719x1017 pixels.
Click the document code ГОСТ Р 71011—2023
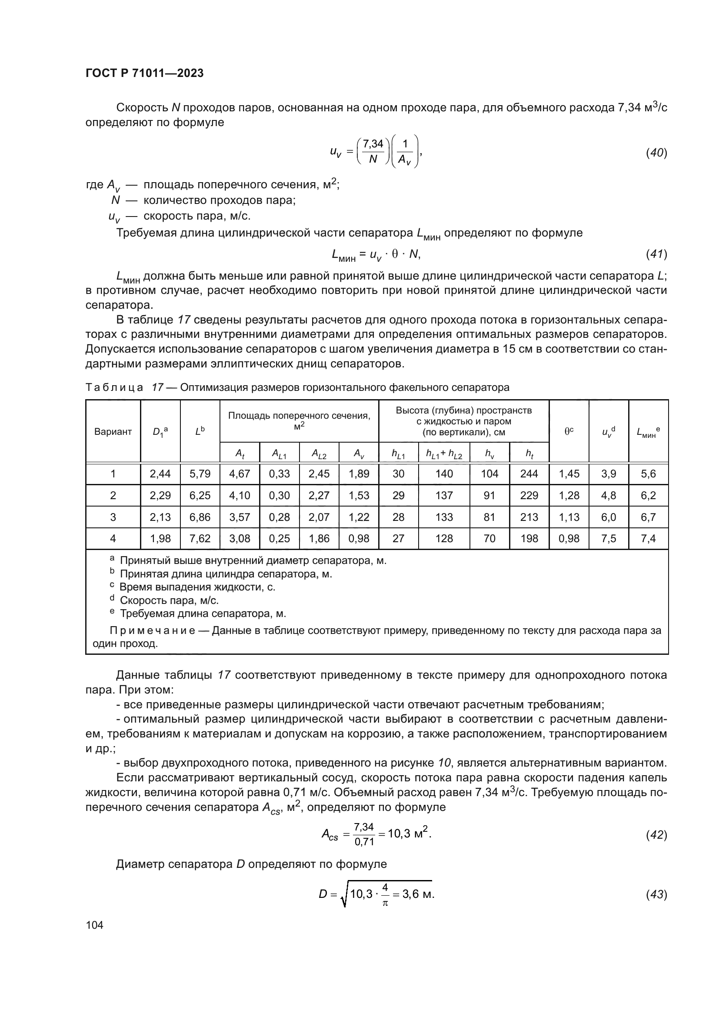point(144,73)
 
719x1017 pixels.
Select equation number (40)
point(656,153)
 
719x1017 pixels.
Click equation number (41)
point(656,254)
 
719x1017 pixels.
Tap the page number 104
point(94,925)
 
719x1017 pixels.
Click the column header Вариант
point(113,431)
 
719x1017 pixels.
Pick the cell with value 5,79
point(200,474)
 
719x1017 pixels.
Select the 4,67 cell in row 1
point(240,474)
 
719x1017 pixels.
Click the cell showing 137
point(444,495)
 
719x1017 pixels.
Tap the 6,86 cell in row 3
point(200,517)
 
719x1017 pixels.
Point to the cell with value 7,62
point(200,539)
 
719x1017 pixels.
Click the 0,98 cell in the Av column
point(359,539)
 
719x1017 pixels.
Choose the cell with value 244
point(529,474)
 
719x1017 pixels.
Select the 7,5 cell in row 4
point(608,539)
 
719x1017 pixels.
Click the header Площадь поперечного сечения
point(299,416)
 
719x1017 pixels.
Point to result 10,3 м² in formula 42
point(409,834)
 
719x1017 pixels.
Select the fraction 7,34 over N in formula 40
point(373,151)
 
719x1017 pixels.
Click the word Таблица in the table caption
point(114,387)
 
